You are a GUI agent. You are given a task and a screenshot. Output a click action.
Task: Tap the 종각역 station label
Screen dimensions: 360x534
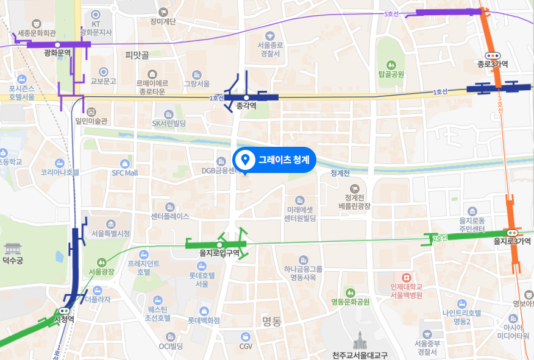tap(246, 106)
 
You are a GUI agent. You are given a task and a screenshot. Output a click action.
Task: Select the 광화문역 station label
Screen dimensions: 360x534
tap(57, 53)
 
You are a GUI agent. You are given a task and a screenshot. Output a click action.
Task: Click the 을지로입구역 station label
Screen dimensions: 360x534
tap(219, 253)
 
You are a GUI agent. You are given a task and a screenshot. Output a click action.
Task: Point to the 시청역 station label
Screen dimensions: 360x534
tap(64, 319)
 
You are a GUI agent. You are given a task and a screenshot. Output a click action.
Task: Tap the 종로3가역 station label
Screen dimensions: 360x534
tap(493, 64)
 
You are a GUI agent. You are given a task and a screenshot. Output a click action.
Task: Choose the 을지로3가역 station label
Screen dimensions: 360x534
tap(512, 241)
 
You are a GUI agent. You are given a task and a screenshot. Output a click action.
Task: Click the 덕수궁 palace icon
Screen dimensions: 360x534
tap(13, 249)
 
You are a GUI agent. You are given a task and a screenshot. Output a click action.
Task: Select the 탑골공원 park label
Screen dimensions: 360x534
tap(391, 74)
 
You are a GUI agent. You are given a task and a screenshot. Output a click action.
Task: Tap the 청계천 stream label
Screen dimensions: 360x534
tap(340, 173)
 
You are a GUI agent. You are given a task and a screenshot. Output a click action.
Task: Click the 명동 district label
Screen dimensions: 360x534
tap(271, 321)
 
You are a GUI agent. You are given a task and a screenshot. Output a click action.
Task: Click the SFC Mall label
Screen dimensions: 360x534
tap(125, 172)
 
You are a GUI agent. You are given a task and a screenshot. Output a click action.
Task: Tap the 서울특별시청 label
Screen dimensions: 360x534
tap(110, 233)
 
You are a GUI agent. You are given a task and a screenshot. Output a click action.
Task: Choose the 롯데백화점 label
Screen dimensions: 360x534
tap(203, 319)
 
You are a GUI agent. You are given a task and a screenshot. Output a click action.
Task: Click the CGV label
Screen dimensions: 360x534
tap(246, 346)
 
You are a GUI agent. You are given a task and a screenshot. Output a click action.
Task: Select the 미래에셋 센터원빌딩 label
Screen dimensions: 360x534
tap(299, 213)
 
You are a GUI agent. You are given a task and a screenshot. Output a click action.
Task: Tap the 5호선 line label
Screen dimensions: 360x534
tap(391, 13)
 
